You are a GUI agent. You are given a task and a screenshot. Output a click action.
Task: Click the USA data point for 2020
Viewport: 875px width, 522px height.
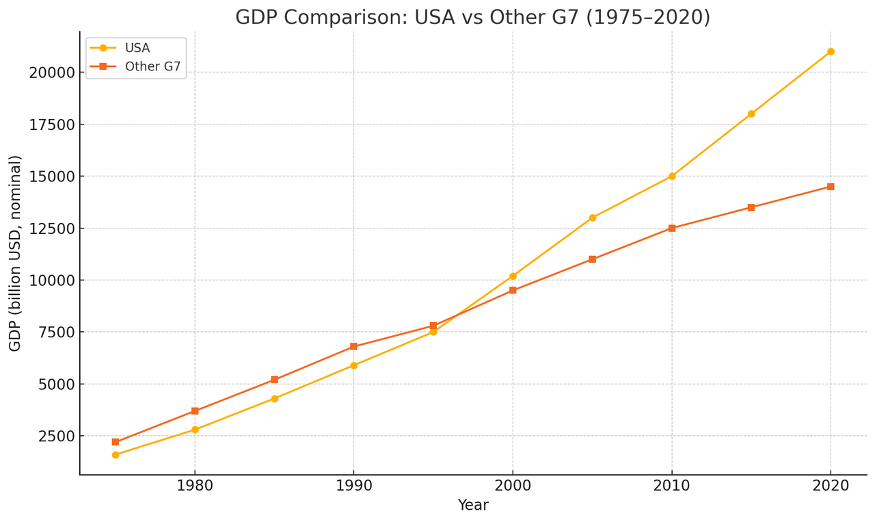[x=831, y=51]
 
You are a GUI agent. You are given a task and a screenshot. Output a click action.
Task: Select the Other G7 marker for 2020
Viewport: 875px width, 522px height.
[x=831, y=187]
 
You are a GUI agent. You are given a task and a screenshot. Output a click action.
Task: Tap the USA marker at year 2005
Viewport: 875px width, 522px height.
[x=592, y=218]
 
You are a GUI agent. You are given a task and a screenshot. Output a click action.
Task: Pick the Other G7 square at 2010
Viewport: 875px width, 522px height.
[x=672, y=228]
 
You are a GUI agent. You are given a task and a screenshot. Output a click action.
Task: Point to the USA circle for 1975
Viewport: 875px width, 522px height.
[x=116, y=455]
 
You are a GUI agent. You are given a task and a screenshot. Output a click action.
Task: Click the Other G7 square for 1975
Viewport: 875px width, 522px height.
[x=116, y=442]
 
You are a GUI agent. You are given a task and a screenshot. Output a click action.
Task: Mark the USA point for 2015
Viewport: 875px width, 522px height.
[x=751, y=114]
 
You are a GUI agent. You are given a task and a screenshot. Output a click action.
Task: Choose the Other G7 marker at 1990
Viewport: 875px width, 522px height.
[x=353, y=346]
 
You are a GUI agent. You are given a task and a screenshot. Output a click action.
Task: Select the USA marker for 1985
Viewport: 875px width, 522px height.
[x=274, y=398]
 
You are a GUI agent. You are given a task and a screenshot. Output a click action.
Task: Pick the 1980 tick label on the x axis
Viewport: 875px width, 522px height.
[x=195, y=486]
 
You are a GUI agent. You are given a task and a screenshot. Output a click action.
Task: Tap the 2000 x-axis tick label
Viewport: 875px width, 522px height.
[x=513, y=486]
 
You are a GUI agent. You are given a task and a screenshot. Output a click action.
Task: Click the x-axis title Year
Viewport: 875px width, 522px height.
[x=473, y=506]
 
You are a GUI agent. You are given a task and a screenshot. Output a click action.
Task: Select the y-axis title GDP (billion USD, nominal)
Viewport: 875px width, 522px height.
[x=15, y=253]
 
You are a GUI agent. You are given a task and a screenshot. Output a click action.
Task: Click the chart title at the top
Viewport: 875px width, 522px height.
[x=472, y=17]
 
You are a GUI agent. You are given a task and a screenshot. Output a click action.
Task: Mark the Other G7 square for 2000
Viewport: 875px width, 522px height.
[x=513, y=290]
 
